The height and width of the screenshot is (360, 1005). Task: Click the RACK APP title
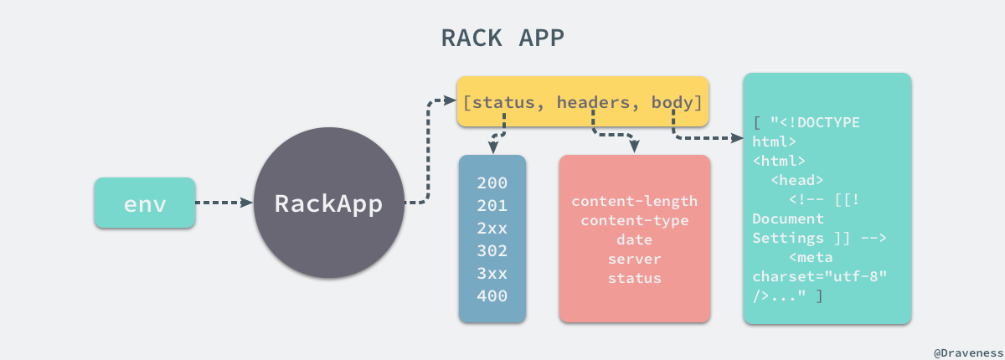(x=502, y=39)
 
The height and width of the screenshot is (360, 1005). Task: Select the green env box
(x=145, y=203)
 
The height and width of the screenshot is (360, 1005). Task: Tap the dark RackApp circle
(x=328, y=203)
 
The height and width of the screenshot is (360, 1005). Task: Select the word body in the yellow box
(x=673, y=102)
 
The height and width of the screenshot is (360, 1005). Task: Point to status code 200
(x=492, y=183)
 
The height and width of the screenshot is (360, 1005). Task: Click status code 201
(x=492, y=206)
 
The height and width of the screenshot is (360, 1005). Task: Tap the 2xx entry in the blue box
(x=492, y=229)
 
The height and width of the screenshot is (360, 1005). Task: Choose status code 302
(x=492, y=250)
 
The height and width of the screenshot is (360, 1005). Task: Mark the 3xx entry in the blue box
(x=492, y=273)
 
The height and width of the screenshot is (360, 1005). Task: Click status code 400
(x=492, y=296)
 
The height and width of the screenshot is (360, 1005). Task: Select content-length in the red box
(x=634, y=202)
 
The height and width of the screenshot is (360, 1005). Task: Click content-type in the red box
(x=634, y=221)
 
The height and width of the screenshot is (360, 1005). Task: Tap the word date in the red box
(x=634, y=240)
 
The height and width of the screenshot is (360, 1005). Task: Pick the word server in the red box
(x=634, y=260)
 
